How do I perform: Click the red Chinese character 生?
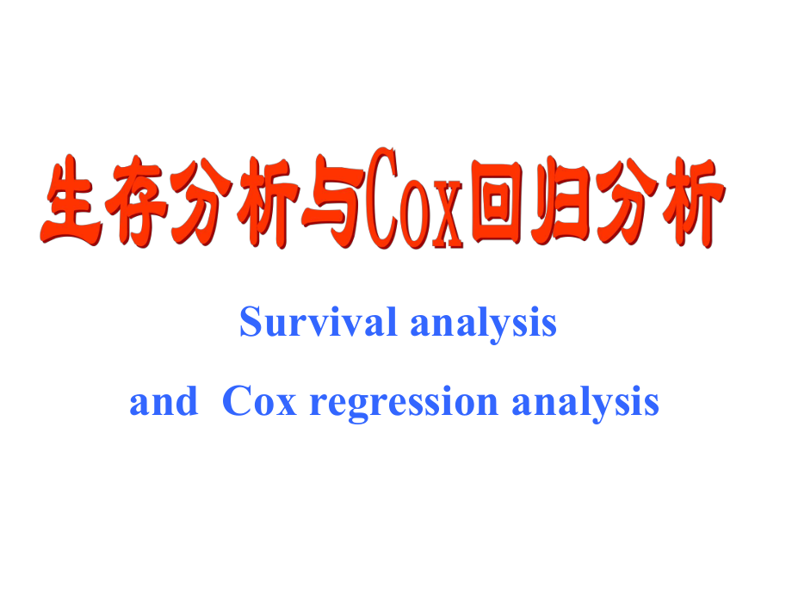(71, 202)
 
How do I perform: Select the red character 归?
(564, 203)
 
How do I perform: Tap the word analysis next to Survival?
(483, 325)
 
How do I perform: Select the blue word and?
(163, 401)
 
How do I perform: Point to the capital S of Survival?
(251, 323)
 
